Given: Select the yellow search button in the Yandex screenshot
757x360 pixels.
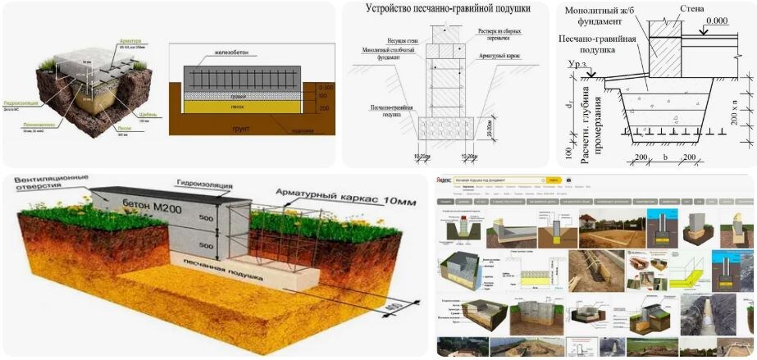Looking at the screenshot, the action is pyautogui.click(x=554, y=180).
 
